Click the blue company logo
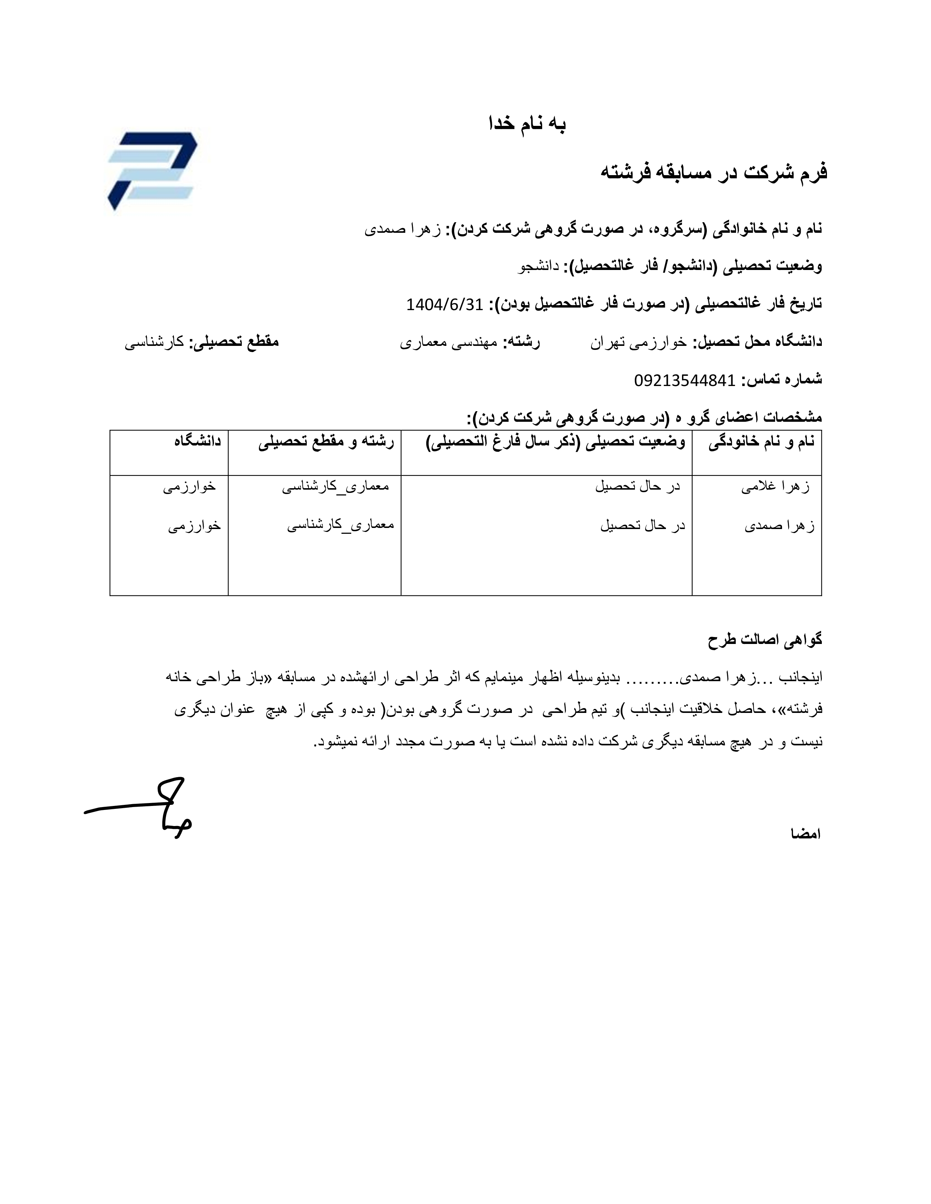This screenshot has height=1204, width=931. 152,170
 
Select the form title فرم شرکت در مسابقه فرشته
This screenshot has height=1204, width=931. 714,172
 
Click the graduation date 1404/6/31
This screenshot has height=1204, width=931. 445,304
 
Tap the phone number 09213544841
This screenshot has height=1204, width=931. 685,380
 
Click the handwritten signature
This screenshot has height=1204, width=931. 141,808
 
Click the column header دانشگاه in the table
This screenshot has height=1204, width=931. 198,441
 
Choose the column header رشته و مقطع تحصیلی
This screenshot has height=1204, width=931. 326,442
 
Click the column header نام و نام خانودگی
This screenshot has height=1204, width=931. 761,442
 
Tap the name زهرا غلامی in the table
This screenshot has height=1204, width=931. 775,487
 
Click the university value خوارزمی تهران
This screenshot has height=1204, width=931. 639,342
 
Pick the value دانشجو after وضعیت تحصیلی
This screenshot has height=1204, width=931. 538,266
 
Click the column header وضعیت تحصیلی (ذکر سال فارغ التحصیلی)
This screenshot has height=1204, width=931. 556,442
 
